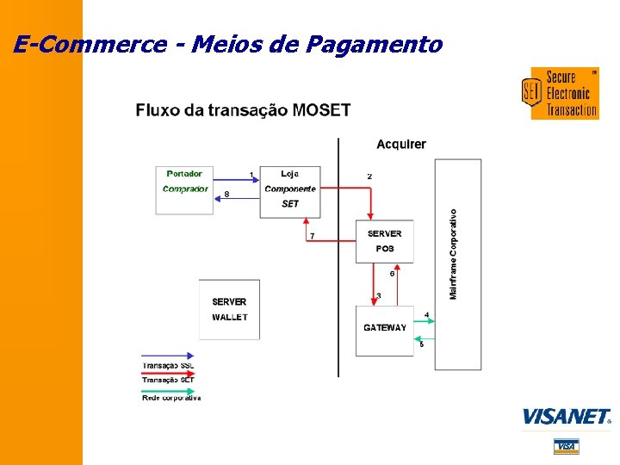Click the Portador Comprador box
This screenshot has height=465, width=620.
coord(185,189)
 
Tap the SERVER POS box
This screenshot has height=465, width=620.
coord(384,241)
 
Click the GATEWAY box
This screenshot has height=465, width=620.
coord(385,328)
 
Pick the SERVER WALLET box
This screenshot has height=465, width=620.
coord(229,309)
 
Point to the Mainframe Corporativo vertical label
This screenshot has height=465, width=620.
coord(454,255)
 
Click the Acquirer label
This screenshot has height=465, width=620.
coord(401,144)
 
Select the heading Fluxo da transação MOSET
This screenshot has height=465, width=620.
coord(243,110)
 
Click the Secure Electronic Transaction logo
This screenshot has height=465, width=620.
coord(561,93)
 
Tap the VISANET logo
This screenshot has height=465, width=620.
coord(567,417)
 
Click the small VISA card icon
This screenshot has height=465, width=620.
coord(566,445)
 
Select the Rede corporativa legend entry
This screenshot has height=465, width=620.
coord(170,397)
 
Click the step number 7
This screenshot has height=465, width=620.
coord(312,236)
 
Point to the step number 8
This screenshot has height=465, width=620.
coord(226,194)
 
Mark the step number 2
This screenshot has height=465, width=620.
coord(369,177)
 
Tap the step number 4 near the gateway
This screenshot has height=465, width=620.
coord(426,314)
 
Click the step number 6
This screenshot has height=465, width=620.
coord(392,274)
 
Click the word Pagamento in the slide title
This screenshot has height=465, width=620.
coord(375,44)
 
